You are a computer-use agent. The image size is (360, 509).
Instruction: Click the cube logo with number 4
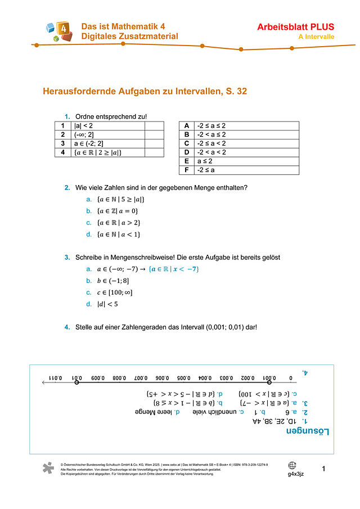pos(58,31)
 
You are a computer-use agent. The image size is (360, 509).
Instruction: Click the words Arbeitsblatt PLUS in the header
pos(295,26)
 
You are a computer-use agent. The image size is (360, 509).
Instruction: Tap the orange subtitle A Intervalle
pos(316,37)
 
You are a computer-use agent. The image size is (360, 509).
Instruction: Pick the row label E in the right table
pos(186,160)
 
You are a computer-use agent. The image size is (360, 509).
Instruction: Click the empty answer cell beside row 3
pos(154,143)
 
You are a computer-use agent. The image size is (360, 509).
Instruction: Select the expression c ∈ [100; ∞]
pos(115,292)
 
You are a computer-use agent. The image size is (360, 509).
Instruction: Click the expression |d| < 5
pos(107,304)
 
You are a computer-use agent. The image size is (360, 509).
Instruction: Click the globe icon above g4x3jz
pos(292,466)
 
